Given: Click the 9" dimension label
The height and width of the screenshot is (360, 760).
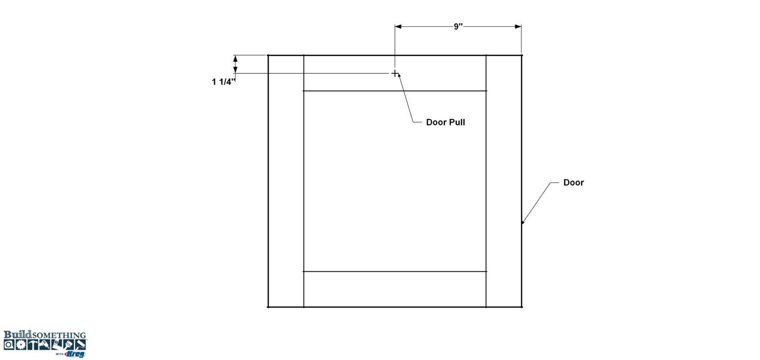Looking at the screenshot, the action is [458, 27].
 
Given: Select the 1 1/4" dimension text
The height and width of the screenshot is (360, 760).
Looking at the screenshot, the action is [223, 82].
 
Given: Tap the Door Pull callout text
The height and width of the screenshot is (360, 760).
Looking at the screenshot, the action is [445, 122].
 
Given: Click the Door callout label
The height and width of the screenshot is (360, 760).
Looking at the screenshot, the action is [573, 183].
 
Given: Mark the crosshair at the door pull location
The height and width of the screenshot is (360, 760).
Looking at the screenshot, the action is [395, 73].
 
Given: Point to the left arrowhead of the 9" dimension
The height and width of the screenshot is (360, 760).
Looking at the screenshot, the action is [398, 27].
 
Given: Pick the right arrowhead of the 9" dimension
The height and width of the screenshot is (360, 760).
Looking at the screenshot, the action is [518, 27].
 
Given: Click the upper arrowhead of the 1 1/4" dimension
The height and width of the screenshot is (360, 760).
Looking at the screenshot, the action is [235, 58].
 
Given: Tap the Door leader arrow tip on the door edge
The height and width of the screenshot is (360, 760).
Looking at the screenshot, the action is [522, 223].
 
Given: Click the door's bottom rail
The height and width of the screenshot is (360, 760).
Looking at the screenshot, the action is [395, 289].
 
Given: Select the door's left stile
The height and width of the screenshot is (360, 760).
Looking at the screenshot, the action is [286, 181].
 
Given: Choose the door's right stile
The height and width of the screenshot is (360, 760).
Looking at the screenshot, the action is [504, 181].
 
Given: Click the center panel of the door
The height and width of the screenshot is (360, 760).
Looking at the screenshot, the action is [395, 181].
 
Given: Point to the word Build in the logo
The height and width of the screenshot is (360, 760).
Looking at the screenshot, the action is [18, 334].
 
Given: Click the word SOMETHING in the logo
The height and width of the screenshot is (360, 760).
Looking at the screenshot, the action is [59, 336].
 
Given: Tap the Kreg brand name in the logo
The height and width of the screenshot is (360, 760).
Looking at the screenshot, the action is [75, 354].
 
